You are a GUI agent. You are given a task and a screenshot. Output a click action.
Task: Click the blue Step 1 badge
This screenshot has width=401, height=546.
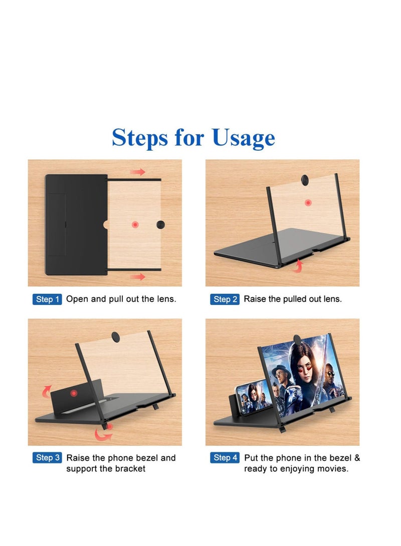[47, 299]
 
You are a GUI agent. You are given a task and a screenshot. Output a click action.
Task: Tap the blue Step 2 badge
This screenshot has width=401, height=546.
[225, 299]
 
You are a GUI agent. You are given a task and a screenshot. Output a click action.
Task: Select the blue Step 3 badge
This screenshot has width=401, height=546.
[48, 457]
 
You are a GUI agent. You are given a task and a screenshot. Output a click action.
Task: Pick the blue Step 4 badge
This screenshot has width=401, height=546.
[225, 457]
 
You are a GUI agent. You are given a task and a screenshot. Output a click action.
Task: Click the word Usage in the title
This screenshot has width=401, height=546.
[243, 138]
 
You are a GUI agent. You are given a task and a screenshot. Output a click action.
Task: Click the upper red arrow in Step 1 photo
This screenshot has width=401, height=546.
[138, 172]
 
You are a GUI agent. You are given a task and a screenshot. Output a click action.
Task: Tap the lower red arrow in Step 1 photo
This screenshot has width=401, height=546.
[138, 276]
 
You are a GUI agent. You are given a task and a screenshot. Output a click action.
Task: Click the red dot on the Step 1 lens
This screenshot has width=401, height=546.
[135, 225]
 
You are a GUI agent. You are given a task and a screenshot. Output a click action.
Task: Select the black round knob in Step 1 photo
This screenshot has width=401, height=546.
[160, 225]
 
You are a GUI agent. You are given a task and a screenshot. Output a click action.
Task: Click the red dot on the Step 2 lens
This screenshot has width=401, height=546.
[308, 203]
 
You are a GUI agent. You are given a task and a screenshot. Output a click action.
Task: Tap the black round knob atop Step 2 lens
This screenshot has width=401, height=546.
[305, 180]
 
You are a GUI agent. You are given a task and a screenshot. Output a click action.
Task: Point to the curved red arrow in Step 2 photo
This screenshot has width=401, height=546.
[298, 266]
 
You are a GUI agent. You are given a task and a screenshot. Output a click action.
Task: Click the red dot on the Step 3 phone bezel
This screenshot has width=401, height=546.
[74, 393]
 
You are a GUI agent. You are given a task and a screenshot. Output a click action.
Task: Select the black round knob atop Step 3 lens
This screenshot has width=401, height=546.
[115, 337]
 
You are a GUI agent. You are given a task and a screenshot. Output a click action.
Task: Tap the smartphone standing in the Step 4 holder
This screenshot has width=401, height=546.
[254, 396]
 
